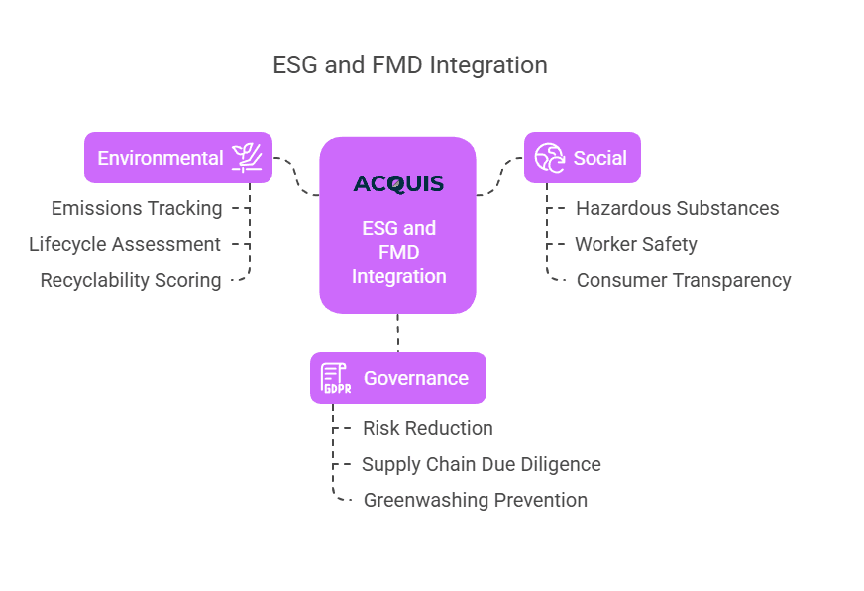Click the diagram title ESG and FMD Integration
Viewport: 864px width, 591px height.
coord(409,65)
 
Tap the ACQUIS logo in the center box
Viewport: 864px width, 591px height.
coord(398,184)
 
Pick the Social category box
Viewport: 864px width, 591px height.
coord(583,158)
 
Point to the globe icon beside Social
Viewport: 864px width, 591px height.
coord(549,158)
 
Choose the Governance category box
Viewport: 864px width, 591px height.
coord(397,378)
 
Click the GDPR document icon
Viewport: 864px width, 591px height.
coord(336,378)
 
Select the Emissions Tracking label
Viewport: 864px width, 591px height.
coord(137,208)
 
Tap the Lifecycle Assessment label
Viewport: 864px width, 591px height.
coord(125,244)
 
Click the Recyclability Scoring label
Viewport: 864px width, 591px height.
coord(131,280)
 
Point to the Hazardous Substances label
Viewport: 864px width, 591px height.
coord(677,208)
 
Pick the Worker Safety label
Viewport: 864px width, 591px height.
coord(636,244)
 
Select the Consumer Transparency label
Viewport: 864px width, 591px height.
coord(684,280)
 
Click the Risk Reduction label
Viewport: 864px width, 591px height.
coord(428,428)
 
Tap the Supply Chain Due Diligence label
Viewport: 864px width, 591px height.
coord(482,464)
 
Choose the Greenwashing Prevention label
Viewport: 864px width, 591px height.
coord(476,500)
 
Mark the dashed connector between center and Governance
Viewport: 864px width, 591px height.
coord(398,333)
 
